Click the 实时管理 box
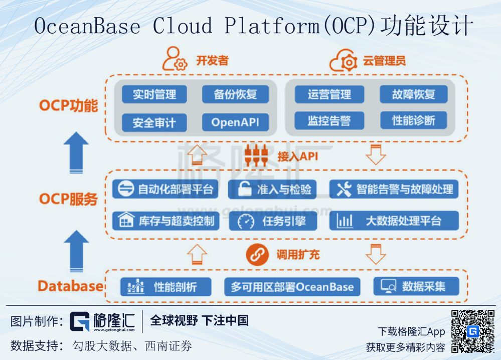tap(154, 94)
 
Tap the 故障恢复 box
tap(413, 94)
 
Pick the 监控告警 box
tap(329, 120)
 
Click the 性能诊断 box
tap(413, 120)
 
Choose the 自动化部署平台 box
tap(165, 189)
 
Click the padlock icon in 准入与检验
tap(244, 189)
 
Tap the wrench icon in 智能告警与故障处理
tap(344, 189)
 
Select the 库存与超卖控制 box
tap(165, 221)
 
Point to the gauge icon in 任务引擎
tap(246, 221)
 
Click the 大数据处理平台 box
tap(394, 221)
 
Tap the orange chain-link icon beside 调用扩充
tap(258, 255)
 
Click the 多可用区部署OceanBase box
tap(292, 287)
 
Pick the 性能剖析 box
tap(165, 287)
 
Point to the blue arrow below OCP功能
tap(76, 152)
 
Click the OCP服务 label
tap(68, 199)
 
